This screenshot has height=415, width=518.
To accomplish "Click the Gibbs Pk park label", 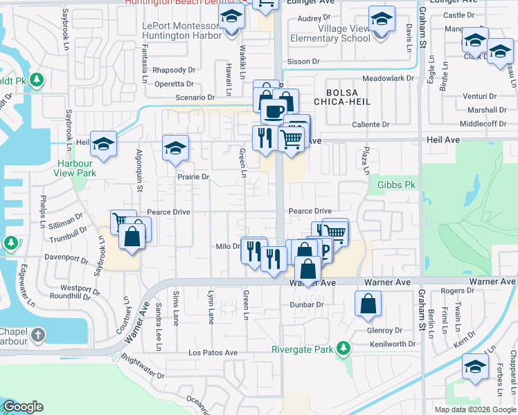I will click(x=396, y=185).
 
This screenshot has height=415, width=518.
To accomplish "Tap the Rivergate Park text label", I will click(x=302, y=349).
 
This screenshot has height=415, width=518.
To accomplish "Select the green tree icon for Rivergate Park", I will click(x=342, y=348).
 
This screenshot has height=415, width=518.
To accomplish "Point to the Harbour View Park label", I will click(x=76, y=168).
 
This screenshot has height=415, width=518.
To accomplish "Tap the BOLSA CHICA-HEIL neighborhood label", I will click(x=343, y=97).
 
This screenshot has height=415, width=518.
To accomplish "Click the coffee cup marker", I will click(x=274, y=110).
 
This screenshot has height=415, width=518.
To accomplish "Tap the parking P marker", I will click(x=323, y=250).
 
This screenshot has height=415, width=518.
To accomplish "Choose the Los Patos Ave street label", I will click(x=213, y=353).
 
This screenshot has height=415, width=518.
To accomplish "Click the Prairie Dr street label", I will click(x=193, y=177).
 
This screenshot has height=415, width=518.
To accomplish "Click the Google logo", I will click(x=23, y=407).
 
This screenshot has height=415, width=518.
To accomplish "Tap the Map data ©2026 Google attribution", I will click(x=474, y=409).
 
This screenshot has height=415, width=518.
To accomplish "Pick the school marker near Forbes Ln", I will click(x=475, y=367).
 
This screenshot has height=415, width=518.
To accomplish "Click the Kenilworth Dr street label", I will click(x=392, y=344).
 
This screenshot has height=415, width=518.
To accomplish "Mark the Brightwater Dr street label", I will click(x=142, y=367).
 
